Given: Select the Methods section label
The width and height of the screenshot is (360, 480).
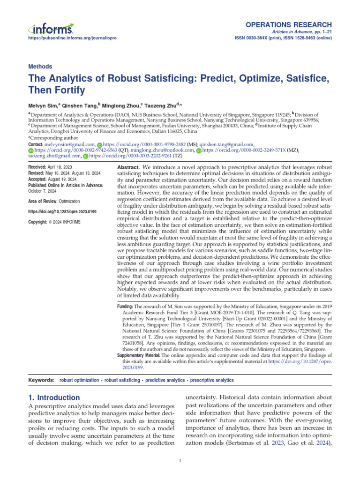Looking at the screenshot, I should click(40, 67).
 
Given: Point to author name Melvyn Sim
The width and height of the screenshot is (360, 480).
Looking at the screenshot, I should click(44, 106).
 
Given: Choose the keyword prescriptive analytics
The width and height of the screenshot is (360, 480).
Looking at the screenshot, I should click(212, 380).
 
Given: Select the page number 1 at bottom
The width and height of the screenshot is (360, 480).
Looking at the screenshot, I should click(180, 461).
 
